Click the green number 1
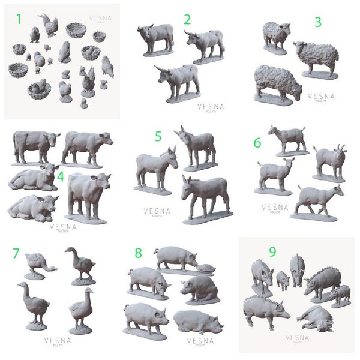(x=19, y=19)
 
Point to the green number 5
(x=158, y=136)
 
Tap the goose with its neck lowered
(x=39, y=264)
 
